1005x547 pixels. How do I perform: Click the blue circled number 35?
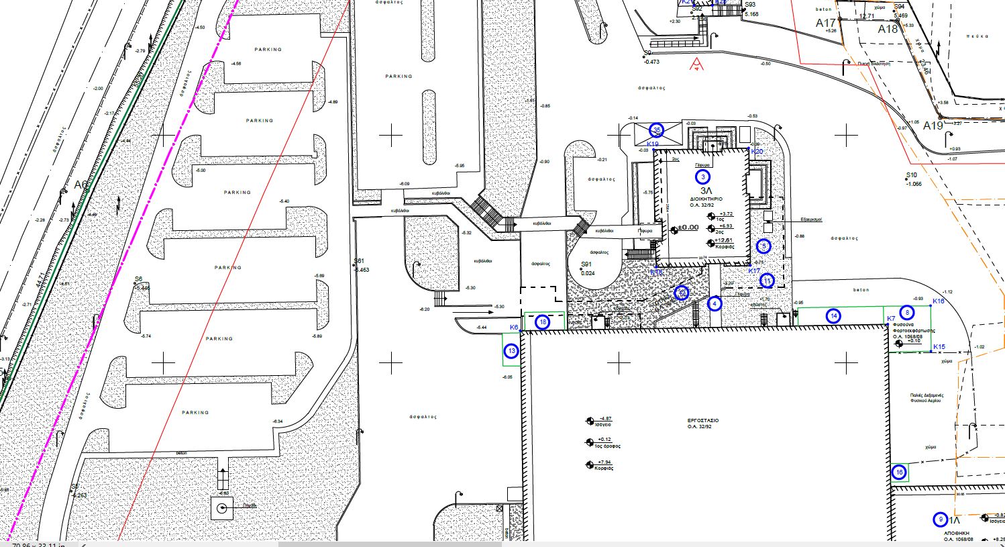657,130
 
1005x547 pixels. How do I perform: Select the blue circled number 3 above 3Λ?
702,177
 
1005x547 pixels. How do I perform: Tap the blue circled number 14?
833,316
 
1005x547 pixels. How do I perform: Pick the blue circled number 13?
512,351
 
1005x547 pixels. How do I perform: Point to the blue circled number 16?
900,473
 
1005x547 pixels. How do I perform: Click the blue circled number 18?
543,322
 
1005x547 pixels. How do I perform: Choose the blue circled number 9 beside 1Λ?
941,519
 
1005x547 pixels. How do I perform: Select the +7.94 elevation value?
602,462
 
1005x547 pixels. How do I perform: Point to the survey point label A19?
933,126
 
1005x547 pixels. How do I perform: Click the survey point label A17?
826,23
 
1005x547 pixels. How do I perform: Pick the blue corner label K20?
757,152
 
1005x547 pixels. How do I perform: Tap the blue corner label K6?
514,328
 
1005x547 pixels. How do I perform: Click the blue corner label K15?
939,347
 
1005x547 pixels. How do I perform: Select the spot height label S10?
911,176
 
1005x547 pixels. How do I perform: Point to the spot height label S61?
359,262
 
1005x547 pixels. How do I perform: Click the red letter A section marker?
697,64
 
